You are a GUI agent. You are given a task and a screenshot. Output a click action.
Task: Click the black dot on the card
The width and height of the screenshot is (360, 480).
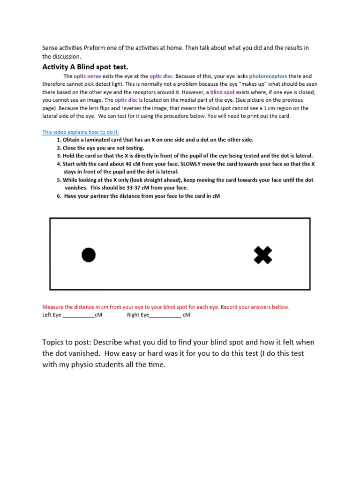tap(89, 255)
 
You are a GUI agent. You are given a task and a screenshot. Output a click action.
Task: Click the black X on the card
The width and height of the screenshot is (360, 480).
tap(263, 255)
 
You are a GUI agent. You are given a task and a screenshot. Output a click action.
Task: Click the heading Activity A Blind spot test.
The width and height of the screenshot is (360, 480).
tap(85, 67)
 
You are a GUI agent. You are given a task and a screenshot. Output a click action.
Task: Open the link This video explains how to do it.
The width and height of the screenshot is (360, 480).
tap(81, 132)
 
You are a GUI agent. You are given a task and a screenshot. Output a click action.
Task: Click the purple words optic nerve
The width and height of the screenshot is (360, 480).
tap(87, 76)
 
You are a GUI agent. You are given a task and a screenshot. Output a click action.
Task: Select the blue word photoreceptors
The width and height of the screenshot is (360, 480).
tap(268, 76)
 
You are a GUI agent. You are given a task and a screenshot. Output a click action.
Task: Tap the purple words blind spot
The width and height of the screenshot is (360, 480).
tap(223, 92)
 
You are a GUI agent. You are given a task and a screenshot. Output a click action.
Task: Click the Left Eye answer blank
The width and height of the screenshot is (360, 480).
tap(78, 315)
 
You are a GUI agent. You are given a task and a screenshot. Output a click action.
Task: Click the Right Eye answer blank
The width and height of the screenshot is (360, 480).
tap(165, 315)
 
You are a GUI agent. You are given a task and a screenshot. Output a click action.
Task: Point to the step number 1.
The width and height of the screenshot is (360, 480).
tap(59, 140)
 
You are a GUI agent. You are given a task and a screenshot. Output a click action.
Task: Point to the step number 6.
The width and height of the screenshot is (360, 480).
tap(59, 196)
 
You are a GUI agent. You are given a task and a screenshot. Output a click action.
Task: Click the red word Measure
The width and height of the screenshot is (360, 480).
tap(53, 307)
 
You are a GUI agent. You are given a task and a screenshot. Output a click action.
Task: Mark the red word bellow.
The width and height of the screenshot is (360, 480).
tap(280, 307)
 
